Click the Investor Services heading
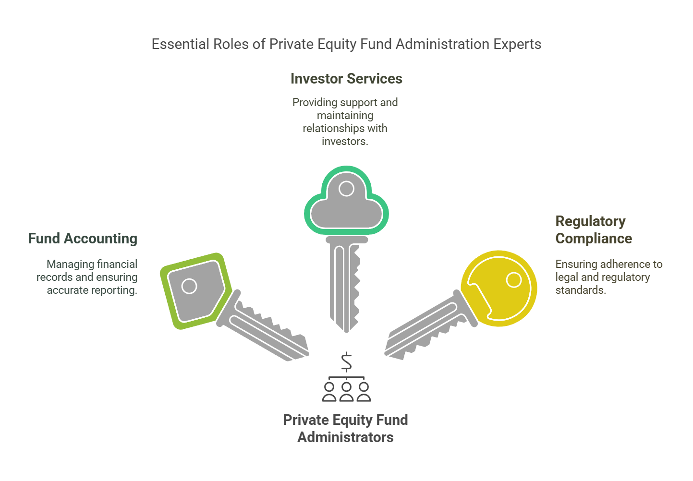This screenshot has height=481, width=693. (346, 79)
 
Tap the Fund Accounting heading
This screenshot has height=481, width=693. (83, 239)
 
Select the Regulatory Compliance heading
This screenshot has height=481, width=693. (594, 230)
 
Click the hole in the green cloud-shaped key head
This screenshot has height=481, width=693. (346, 188)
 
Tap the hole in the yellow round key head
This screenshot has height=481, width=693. (514, 280)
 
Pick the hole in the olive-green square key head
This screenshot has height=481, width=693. (189, 286)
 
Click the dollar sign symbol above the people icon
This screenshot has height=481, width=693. (347, 361)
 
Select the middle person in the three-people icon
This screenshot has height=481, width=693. (347, 392)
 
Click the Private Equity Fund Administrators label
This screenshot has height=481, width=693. (346, 428)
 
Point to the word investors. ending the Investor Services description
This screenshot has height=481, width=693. (345, 141)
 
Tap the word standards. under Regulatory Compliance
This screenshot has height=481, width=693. (581, 290)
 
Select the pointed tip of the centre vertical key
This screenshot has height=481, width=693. (347, 332)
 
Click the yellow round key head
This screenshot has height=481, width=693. (498, 289)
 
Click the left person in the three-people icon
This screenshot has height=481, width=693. (329, 392)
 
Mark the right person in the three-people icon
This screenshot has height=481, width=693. (364, 392)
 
